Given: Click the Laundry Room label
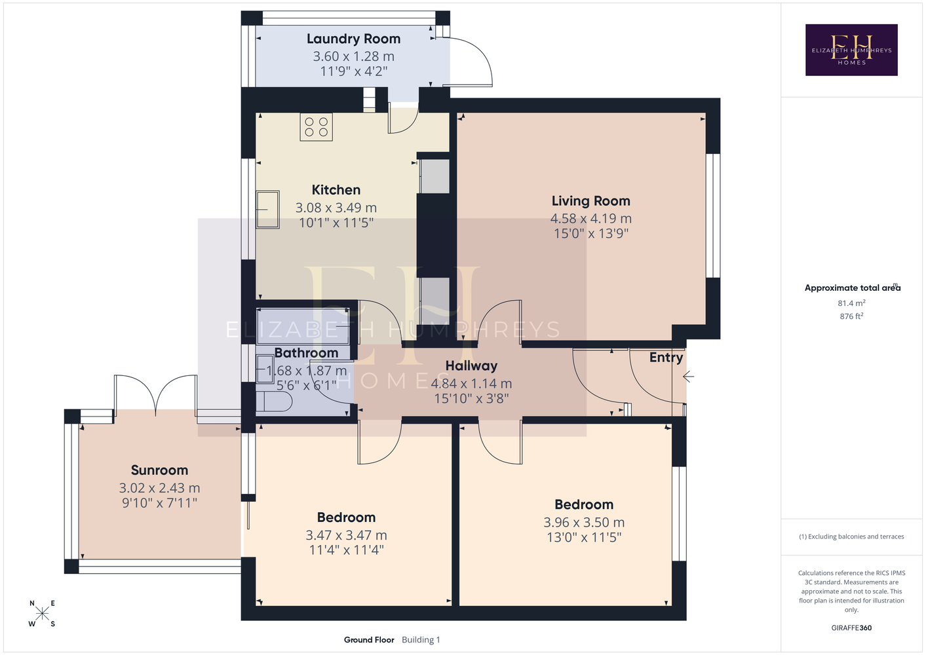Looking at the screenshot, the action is point(353,39).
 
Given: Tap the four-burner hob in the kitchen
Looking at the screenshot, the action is point(317,127).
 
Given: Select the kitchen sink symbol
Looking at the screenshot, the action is point(267,210).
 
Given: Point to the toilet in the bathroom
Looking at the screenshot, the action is point(274,402).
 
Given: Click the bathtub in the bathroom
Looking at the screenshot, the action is point(303,326).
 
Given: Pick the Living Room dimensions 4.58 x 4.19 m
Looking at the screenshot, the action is point(590,218).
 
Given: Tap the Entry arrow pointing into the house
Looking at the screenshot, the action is point(688,377).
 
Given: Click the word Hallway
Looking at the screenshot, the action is point(471,365).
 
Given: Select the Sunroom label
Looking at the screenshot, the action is point(159,470).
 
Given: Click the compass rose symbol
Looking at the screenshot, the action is point(42,614).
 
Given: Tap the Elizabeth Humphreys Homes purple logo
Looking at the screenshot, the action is point(851,50).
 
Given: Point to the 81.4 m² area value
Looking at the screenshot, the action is point(851,303).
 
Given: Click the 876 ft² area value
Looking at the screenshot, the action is point(851,316).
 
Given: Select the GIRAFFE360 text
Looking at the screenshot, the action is point(851,627).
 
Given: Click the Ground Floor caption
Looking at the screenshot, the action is point(369,640).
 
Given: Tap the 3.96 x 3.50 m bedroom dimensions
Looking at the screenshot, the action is point(584,522).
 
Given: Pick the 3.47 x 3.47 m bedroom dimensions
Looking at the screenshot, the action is point(347,535).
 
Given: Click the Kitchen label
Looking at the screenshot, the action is point(336,190).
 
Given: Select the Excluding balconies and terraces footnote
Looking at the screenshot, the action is point(851,536).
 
